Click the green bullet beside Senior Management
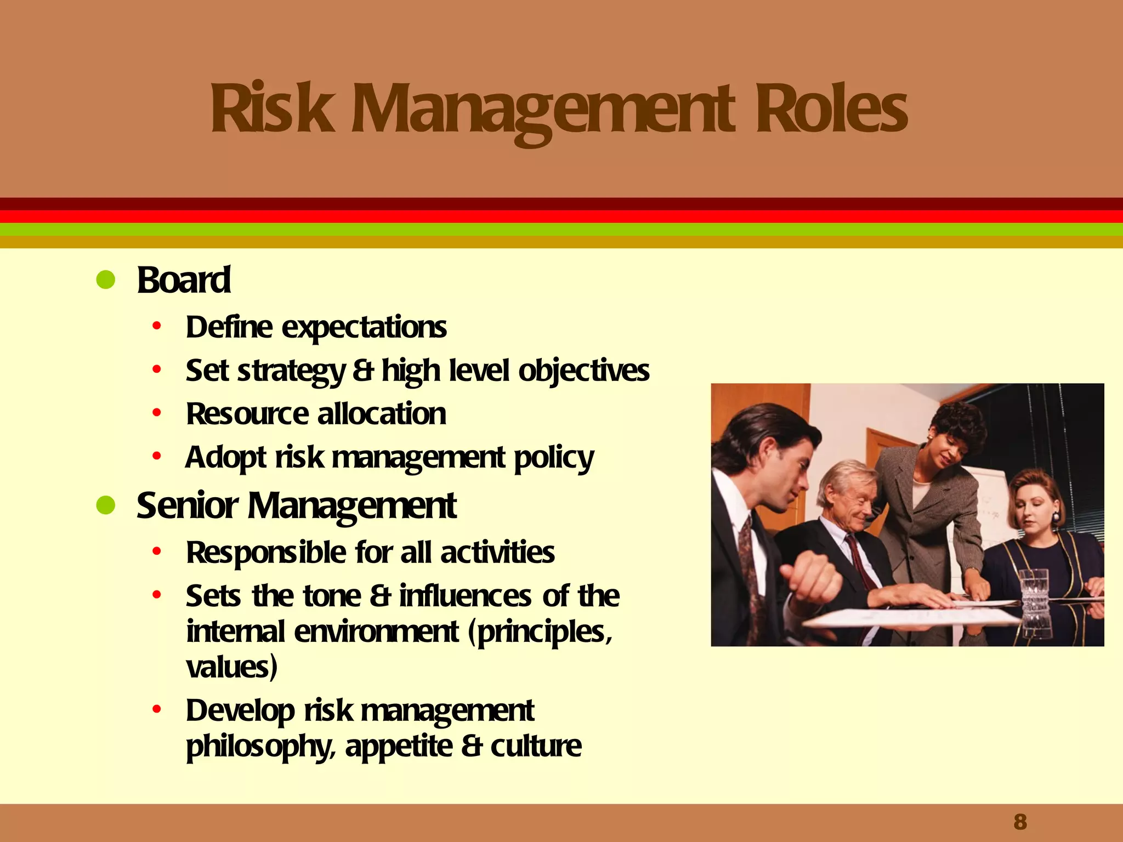[105, 505]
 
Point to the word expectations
[364, 328]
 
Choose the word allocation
[382, 414]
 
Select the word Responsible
[266, 553]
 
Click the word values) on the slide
[231, 667]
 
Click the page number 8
[1020, 822]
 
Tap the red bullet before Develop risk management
[157, 710]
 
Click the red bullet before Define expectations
[157, 327]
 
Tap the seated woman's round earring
[1055, 517]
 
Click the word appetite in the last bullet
[399, 747]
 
